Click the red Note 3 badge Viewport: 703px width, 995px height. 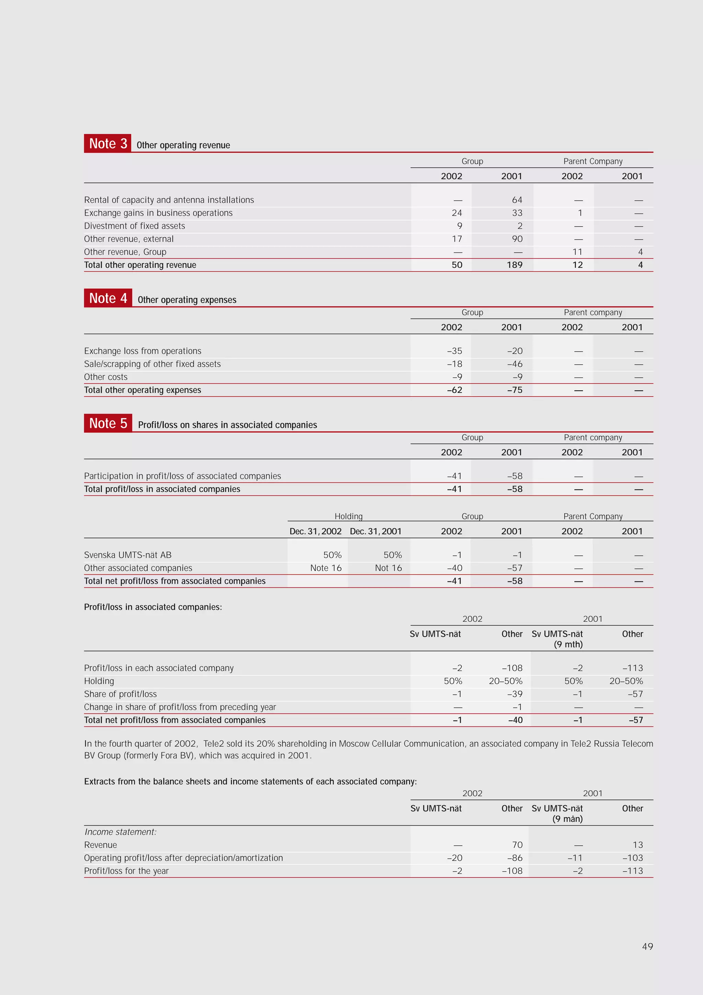point(107,144)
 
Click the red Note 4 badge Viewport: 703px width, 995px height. point(108,298)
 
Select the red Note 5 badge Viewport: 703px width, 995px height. point(108,423)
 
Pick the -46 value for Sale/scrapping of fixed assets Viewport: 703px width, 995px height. point(515,364)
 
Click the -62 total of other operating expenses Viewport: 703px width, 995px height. point(454,390)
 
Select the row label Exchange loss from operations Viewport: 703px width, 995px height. point(142,351)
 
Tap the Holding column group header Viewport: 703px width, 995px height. point(348,516)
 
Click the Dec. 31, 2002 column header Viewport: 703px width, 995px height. point(315,531)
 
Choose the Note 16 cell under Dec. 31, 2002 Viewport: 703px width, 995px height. point(326,568)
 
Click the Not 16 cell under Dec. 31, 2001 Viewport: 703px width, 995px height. point(388,568)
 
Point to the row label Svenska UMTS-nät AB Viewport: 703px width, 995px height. point(128,555)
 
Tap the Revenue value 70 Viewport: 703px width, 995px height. point(517,845)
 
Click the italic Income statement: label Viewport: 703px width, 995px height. point(120,832)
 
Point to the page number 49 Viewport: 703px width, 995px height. point(647,947)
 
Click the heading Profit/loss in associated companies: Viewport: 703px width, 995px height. point(153,607)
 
